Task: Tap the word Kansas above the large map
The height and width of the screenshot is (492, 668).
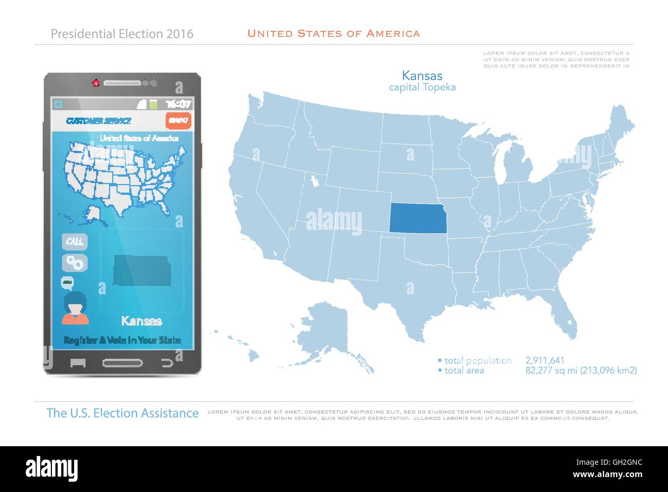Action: pyautogui.click(x=422, y=76)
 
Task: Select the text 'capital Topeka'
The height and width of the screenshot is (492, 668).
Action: pyautogui.click(x=422, y=87)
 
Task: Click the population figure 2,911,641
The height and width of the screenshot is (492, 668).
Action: pyautogui.click(x=545, y=361)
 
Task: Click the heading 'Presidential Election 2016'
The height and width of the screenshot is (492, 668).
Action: pyautogui.click(x=122, y=34)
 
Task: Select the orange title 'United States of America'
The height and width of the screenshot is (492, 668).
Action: pyautogui.click(x=333, y=34)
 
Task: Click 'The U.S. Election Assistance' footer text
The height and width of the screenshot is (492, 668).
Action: pyautogui.click(x=122, y=413)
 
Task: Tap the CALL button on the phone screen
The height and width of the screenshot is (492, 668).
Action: pyautogui.click(x=75, y=241)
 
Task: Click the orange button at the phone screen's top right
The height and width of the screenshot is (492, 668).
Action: pyautogui.click(x=178, y=120)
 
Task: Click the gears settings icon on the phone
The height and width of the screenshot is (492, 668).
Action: pyautogui.click(x=75, y=262)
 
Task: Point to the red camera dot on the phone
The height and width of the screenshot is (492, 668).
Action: pyautogui.click(x=96, y=83)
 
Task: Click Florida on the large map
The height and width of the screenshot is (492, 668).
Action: pyautogui.click(x=565, y=317)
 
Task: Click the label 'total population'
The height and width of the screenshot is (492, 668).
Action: pyautogui.click(x=478, y=361)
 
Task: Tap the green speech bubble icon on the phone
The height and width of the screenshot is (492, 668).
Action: pyautogui.click(x=67, y=282)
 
